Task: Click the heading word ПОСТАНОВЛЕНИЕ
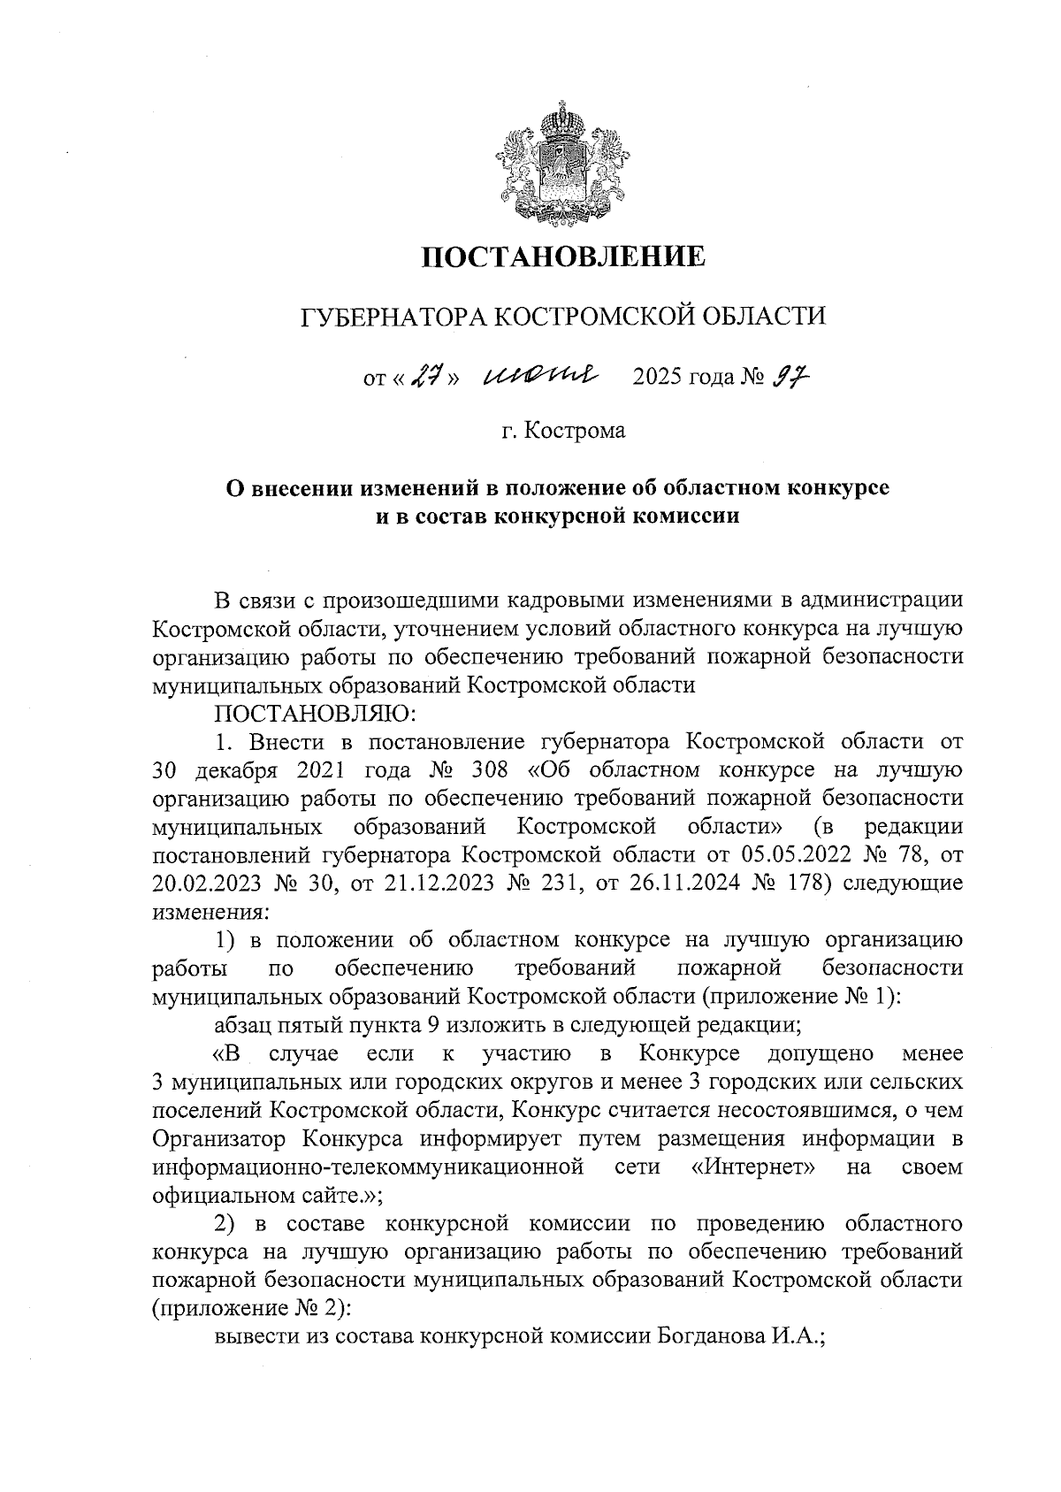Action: point(563,256)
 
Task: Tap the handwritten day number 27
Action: point(428,377)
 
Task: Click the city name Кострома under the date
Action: point(576,431)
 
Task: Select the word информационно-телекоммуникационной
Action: point(370,1167)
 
